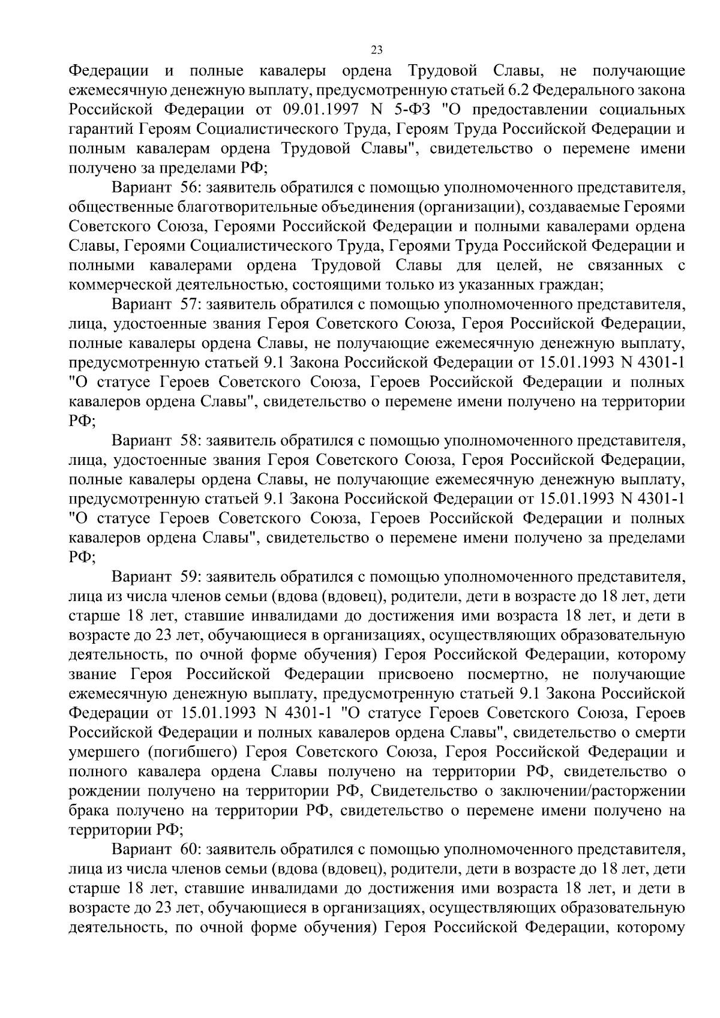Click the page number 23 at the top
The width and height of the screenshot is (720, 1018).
tap(377, 50)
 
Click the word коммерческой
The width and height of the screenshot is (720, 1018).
tap(116, 285)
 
